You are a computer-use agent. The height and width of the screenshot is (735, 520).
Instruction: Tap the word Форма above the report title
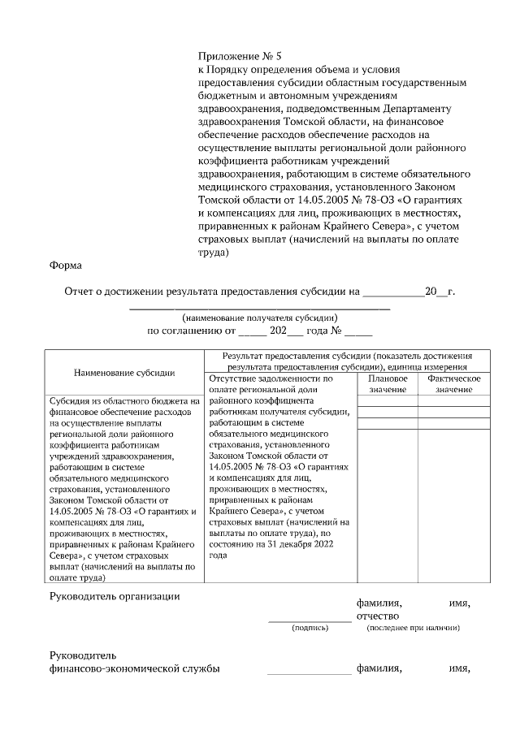coord(65,266)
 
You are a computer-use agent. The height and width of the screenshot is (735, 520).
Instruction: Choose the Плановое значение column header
coord(388,384)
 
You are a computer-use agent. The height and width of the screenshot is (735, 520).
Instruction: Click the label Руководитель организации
coord(114,597)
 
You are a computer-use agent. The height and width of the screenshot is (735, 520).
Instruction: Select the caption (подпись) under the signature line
coord(310,628)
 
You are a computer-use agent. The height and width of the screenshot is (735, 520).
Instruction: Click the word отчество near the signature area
coord(379,616)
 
